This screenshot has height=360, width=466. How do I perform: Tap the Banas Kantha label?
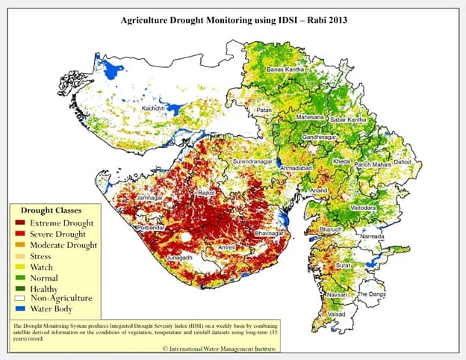coord(285,69)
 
